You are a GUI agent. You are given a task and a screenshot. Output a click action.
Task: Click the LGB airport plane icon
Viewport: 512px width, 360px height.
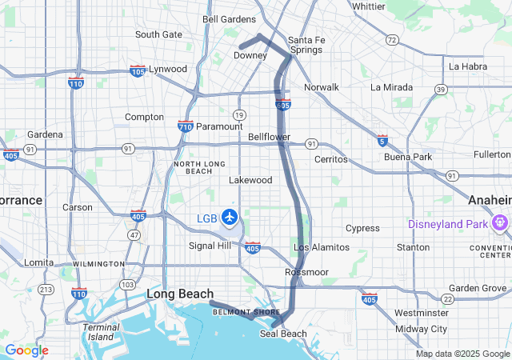tap(230, 217)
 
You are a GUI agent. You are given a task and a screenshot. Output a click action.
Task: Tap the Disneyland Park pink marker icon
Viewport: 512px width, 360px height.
tap(501, 223)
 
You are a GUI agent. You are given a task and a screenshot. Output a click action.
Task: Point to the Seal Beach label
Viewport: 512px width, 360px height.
tap(283, 334)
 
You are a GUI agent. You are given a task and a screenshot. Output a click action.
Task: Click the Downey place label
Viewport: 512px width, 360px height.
tap(250, 56)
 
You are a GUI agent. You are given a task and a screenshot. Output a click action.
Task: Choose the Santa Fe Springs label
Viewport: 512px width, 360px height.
tap(305, 45)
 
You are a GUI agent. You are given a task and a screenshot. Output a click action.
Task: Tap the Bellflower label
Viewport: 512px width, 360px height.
tap(269, 138)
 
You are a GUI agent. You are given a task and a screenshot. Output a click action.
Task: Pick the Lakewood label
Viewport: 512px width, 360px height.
tap(250, 180)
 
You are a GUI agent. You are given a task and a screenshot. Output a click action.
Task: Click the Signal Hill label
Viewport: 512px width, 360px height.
tap(210, 246)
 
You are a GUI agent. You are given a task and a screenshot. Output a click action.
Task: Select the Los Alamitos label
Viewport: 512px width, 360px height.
tap(322, 247)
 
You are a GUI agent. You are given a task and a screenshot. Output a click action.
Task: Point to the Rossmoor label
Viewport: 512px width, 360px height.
tap(307, 272)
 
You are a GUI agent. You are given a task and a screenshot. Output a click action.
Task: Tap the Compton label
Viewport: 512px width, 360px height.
tap(144, 117)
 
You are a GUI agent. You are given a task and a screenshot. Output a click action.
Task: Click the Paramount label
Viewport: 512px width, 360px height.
tap(218, 126)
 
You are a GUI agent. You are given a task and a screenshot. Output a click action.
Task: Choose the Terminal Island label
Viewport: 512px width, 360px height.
tap(99, 331)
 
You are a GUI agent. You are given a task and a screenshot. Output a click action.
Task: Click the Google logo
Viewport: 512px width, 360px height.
tap(26, 350)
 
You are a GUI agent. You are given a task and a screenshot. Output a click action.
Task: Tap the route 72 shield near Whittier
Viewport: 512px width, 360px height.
tap(392, 39)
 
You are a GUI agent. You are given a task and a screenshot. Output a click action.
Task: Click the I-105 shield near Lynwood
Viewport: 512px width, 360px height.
tap(138, 70)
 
